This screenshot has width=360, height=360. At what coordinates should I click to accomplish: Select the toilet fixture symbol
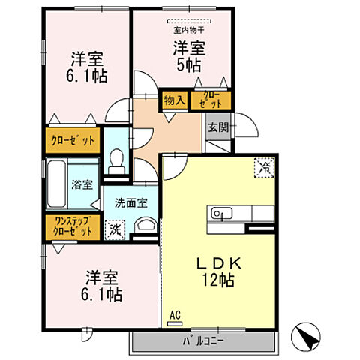[116, 160]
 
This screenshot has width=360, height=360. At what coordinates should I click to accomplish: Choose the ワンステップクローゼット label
[73, 226]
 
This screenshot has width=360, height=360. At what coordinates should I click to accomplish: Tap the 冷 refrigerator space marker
[265, 168]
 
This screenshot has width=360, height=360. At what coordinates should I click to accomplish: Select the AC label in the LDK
[175, 315]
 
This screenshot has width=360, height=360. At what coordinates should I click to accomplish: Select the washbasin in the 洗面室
[145, 226]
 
